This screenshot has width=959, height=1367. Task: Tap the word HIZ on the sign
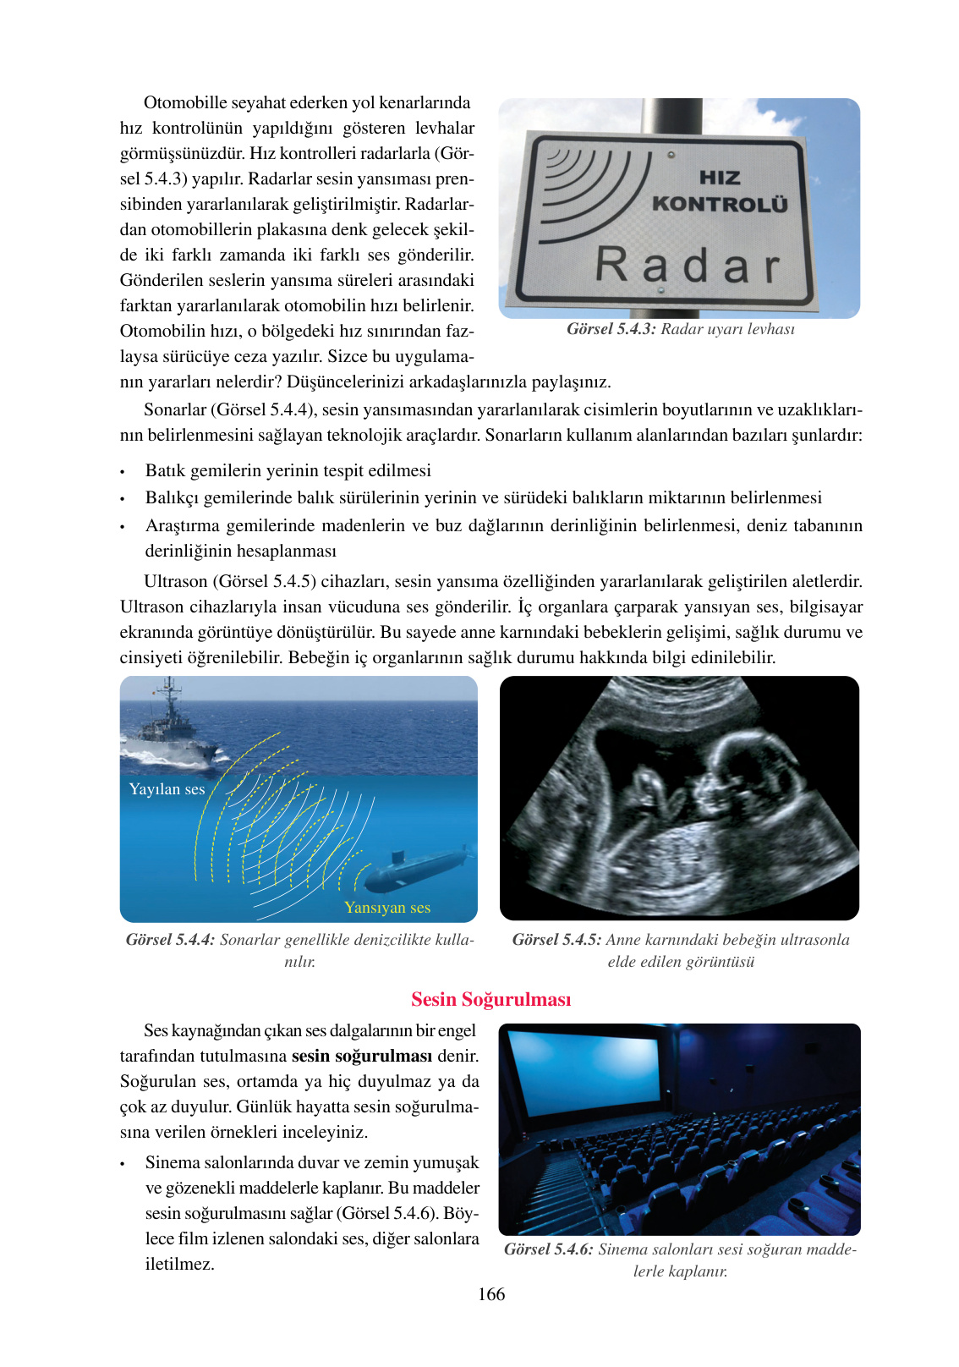[x=720, y=178]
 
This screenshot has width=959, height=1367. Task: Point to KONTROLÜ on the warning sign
[x=720, y=204]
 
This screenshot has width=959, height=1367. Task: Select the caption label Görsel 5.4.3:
[x=611, y=329]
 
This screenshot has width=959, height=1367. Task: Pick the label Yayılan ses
[x=167, y=789]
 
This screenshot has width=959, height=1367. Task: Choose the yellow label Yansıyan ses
[x=387, y=908]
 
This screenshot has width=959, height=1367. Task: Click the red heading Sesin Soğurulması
[x=490, y=999]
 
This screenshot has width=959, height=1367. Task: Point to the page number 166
[x=490, y=1294]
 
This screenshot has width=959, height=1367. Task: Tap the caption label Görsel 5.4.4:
[x=170, y=940]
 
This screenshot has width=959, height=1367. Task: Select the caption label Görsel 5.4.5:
[x=556, y=940]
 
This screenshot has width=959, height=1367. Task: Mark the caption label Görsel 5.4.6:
[x=548, y=1249]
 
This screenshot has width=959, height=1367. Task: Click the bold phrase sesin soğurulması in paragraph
[x=361, y=1056]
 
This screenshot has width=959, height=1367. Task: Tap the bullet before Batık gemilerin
[x=123, y=472]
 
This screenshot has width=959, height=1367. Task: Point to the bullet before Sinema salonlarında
[x=123, y=1164]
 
